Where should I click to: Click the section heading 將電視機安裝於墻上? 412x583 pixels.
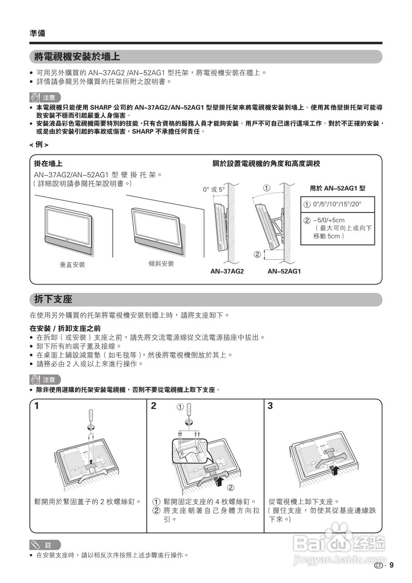[77, 57]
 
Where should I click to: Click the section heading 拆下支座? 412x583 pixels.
[53, 299]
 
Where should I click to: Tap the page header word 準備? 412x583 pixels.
[37, 33]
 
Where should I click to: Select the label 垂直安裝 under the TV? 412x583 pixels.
[72, 265]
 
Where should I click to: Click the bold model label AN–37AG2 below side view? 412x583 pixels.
[227, 271]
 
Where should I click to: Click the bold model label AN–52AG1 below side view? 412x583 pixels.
[284, 271]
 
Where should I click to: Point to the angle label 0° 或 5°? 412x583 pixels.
[214, 189]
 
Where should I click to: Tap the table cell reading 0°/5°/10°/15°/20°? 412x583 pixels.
[337, 205]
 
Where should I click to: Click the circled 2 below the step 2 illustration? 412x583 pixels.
[231, 488]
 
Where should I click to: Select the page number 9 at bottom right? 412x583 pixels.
[392, 566]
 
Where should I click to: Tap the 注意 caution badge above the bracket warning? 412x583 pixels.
[45, 97]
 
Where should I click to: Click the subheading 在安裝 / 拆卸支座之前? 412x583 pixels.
[65, 328]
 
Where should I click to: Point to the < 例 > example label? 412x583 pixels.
[39, 144]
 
